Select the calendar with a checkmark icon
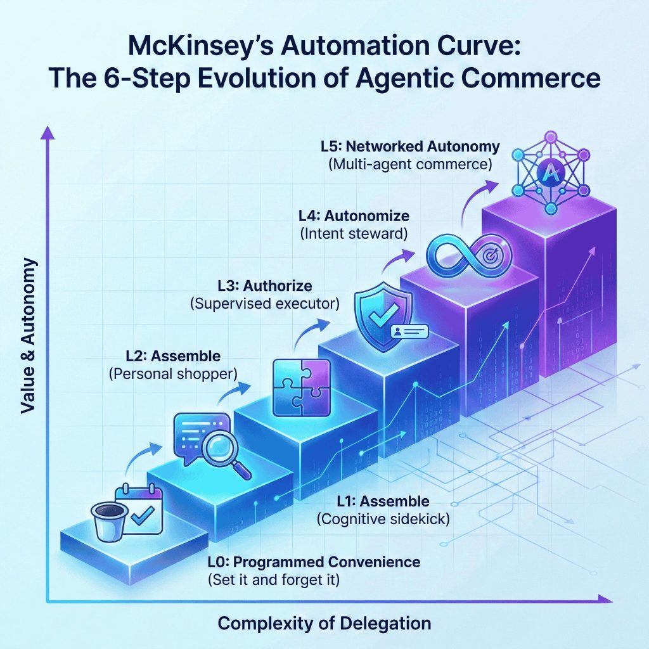coord(140,510)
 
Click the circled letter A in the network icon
coord(547,170)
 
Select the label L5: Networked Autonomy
coord(410,148)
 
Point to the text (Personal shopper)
coord(173,373)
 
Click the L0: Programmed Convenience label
coord(314,562)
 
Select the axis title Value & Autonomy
coord(29,336)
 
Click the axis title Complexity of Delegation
coord(324,623)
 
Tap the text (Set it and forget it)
coord(273,579)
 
